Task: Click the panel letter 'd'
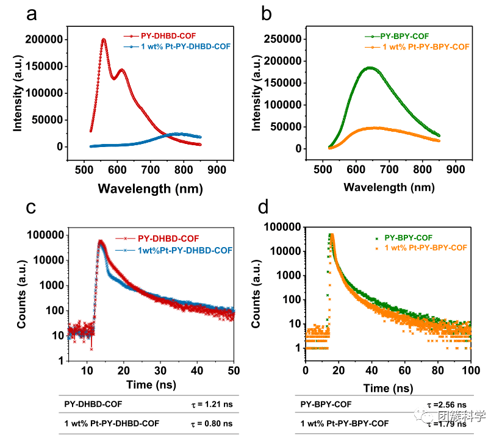click(264, 208)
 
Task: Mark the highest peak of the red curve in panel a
click(103, 40)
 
